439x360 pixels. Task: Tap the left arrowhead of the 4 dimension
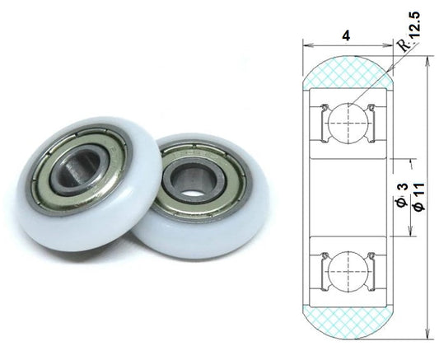tap(307, 44)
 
